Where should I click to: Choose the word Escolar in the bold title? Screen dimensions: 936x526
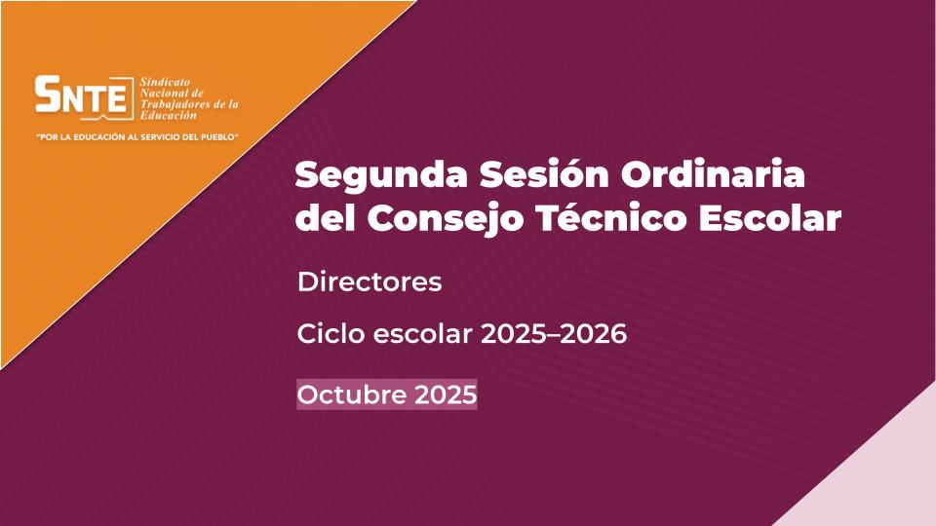point(770,217)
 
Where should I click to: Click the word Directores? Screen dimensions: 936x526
point(370,282)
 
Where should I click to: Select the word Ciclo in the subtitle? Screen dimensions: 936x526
point(331,333)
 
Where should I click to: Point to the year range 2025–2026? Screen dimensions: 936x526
point(554,334)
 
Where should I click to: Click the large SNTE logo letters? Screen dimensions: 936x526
point(81,94)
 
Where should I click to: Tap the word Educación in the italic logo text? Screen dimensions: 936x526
point(168,116)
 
